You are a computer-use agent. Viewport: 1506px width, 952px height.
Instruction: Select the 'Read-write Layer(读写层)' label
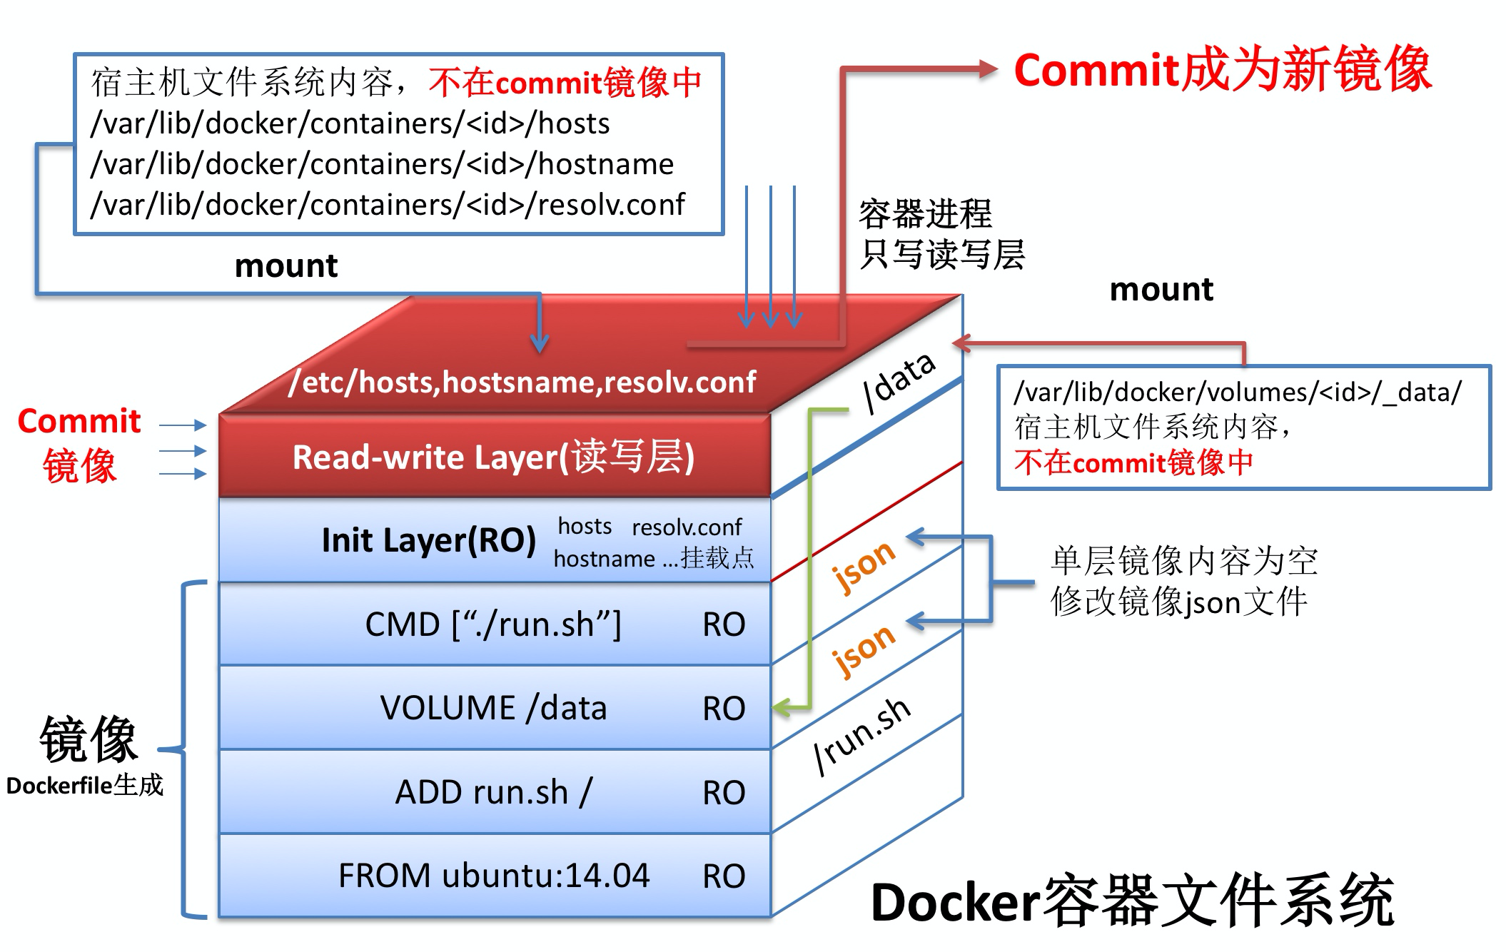[493, 457]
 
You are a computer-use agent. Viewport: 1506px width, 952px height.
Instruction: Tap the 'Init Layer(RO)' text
[428, 540]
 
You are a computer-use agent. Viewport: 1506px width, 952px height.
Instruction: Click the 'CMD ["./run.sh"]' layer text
[493, 624]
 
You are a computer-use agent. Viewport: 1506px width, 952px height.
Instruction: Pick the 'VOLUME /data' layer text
[493, 708]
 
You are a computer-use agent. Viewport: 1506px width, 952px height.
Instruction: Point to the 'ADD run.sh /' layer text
[493, 792]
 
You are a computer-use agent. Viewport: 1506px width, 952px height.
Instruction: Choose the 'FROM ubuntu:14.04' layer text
[493, 876]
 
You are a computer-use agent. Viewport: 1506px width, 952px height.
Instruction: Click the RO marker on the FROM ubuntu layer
[724, 876]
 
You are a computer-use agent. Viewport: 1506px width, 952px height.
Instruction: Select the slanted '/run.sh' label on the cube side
[862, 735]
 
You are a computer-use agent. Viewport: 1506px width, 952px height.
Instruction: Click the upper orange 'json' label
[864, 565]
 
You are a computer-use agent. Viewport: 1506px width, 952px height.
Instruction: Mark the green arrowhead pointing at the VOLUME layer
[781, 708]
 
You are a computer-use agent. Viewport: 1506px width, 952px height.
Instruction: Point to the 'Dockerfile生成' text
[85, 786]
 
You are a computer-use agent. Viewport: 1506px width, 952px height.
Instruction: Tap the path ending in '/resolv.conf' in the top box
[388, 205]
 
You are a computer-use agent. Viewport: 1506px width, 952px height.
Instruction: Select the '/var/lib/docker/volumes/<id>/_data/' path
[1238, 392]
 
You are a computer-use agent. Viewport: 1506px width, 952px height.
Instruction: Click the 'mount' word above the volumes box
[1161, 290]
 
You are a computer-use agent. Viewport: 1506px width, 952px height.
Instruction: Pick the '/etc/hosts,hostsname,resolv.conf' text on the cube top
[522, 383]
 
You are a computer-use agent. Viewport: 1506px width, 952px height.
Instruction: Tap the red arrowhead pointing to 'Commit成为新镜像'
[989, 69]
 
